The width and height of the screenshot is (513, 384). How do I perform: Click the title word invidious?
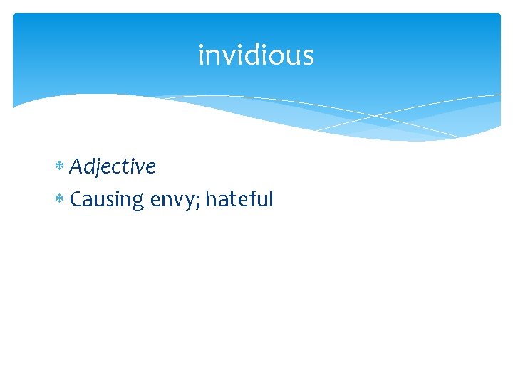256,55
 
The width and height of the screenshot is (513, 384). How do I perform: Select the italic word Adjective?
113,167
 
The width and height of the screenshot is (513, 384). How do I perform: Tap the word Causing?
107,200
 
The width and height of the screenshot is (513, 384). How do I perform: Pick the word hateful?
239,199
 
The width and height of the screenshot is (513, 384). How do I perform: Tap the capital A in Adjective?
76,166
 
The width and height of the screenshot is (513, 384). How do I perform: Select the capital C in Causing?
76,199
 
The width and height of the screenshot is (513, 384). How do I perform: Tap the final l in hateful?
271,198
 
